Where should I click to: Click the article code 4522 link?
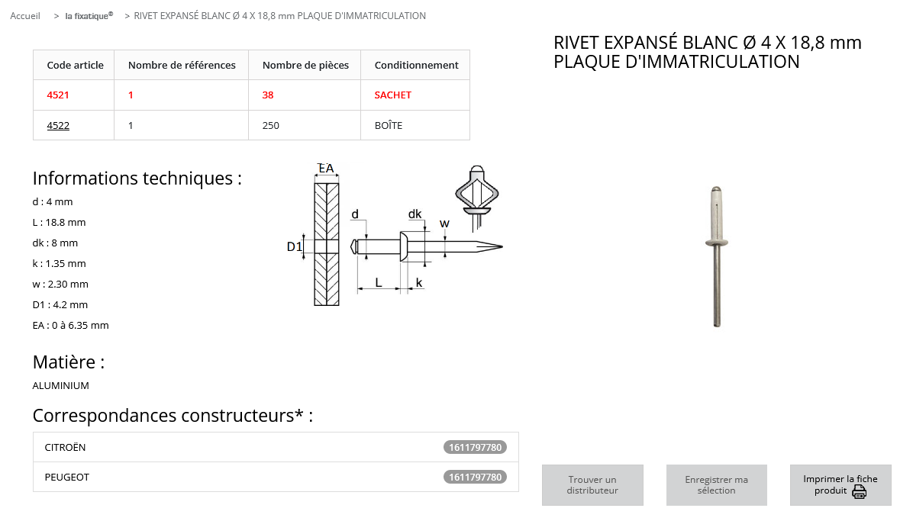[58, 126]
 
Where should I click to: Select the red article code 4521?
[58, 95]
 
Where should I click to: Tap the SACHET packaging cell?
[392, 95]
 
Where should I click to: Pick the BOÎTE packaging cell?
[388, 126]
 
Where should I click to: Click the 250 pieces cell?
[271, 126]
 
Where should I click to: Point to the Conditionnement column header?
[416, 66]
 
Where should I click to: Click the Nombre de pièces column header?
[305, 66]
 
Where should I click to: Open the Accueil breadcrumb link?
[25, 16]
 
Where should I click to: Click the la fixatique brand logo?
[89, 15]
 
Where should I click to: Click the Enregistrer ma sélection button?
[716, 485]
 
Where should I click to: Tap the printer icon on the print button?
[859, 491]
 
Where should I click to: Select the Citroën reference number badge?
[475, 448]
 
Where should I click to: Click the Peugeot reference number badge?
[475, 478]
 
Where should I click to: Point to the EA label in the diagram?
[326, 169]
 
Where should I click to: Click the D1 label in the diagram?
[295, 246]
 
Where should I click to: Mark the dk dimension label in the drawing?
[415, 214]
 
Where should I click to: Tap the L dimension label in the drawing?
[379, 282]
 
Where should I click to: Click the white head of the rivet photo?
[716, 243]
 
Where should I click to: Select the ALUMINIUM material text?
[61, 386]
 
